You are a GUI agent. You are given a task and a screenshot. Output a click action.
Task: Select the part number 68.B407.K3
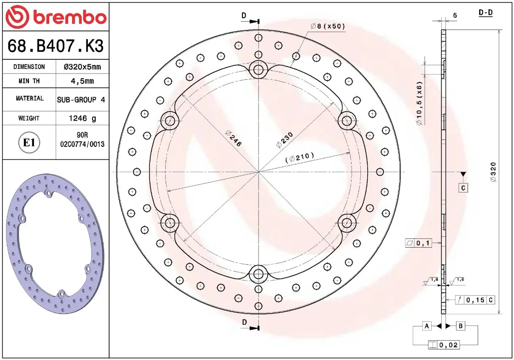click(x=55, y=46)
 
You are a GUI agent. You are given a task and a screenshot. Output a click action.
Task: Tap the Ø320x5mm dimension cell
click(x=82, y=67)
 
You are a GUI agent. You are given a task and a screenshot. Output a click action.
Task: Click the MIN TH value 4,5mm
click(x=82, y=81)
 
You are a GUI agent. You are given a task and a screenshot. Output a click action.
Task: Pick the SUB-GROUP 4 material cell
click(x=82, y=99)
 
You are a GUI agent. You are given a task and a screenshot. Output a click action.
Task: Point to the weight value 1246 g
click(x=82, y=118)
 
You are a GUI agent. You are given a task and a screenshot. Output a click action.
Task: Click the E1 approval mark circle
click(x=29, y=143)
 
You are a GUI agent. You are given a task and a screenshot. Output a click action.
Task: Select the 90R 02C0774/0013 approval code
click(x=82, y=140)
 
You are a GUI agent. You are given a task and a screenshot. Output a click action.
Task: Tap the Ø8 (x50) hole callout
click(x=328, y=26)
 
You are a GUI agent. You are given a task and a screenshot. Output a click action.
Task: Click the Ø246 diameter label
click(x=233, y=138)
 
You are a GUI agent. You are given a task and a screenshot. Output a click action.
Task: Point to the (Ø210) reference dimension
click(x=300, y=157)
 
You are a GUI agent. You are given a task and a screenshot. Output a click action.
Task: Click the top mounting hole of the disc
click(x=259, y=70)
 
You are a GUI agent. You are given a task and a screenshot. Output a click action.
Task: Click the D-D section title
click(x=485, y=13)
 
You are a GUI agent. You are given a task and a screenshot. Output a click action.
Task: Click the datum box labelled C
click(x=463, y=188)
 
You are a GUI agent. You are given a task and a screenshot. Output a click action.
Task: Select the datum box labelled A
click(x=427, y=326)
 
